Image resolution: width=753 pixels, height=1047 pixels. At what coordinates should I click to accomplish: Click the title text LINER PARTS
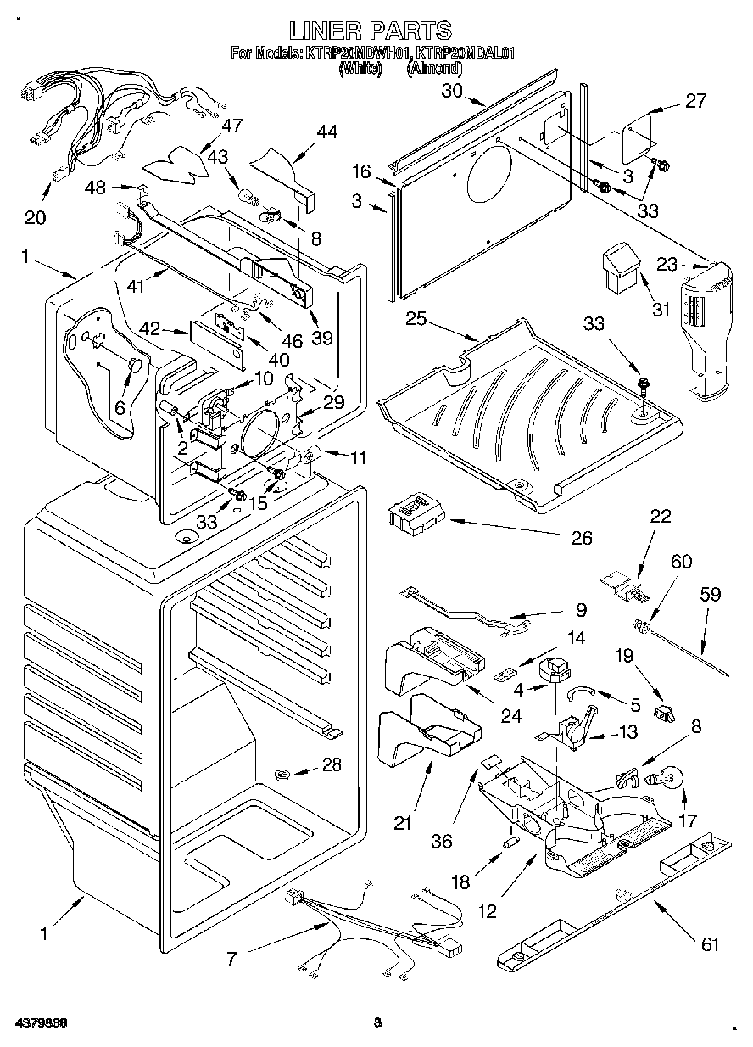(371, 31)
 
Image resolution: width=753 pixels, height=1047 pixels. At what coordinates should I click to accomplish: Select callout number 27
(694, 101)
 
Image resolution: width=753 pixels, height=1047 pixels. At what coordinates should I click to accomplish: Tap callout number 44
(326, 132)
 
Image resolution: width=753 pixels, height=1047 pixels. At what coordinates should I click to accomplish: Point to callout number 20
(35, 217)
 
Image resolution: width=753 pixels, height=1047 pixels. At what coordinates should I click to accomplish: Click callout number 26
(581, 538)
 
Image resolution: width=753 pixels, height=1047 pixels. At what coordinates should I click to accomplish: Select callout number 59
(710, 594)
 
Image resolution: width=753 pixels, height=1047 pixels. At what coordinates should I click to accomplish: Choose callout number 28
(332, 764)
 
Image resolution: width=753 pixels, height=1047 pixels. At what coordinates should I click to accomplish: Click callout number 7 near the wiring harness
(231, 960)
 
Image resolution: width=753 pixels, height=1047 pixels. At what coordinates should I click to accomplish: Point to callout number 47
(231, 126)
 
